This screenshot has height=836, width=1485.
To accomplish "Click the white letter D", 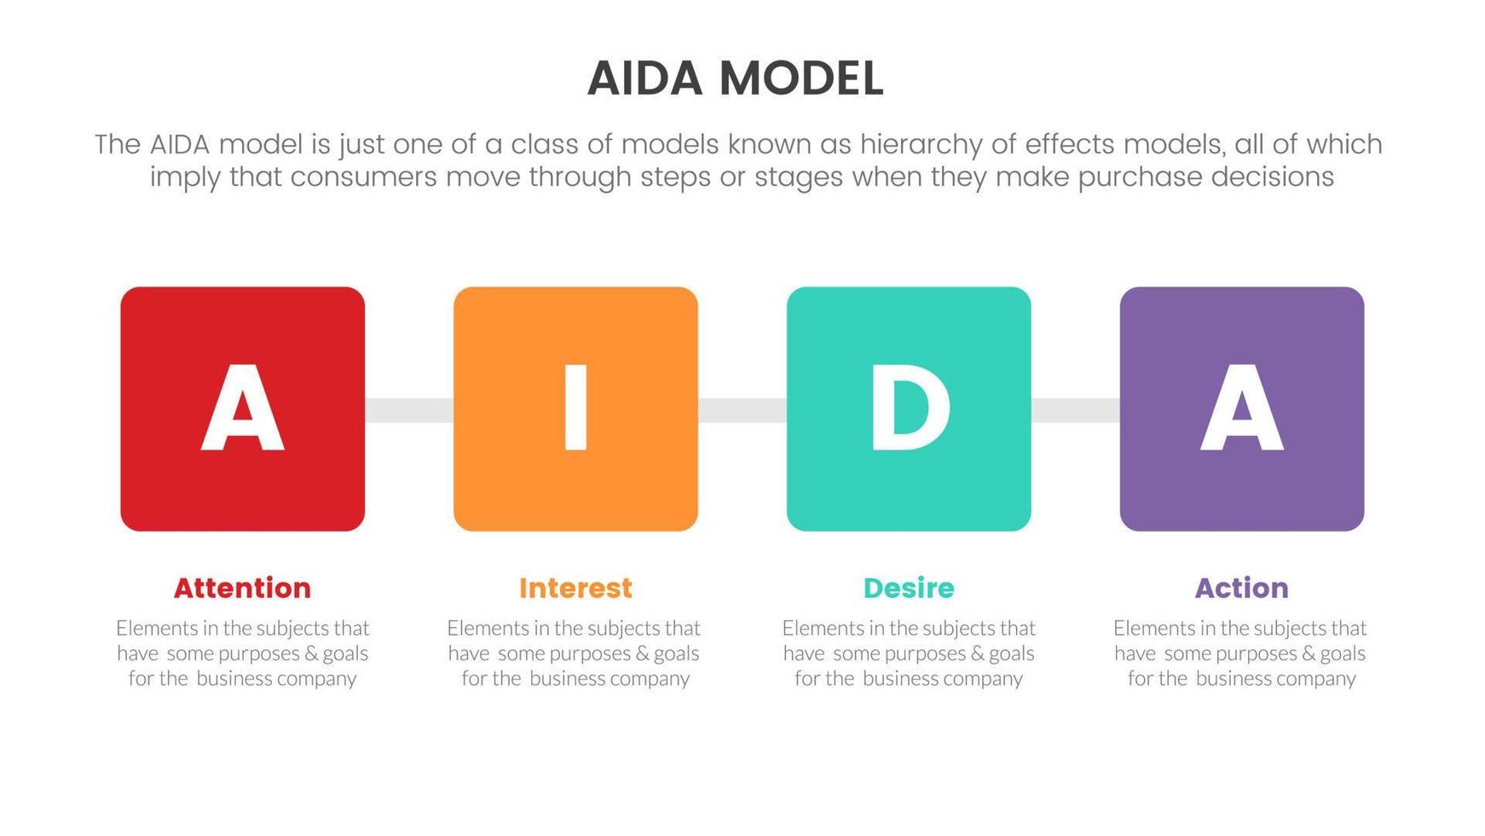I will tap(909, 408).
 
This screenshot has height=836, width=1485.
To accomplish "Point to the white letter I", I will tap(575, 408).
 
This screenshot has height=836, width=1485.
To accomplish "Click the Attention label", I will tap(242, 588).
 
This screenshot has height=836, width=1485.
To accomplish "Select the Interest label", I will tap(575, 588).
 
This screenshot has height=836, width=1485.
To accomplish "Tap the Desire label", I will tap(909, 588).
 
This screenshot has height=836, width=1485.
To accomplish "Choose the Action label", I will tap(1241, 588).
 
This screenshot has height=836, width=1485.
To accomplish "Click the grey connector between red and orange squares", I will tap(409, 409).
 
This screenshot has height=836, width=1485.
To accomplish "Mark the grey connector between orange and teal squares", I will tap(742, 409).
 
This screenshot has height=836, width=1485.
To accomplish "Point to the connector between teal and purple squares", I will tap(1075, 409).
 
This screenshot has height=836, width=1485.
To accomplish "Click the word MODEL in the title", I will tap(800, 78).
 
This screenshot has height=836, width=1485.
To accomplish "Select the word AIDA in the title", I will tap(644, 78).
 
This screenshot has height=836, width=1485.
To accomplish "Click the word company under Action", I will tap(1316, 679).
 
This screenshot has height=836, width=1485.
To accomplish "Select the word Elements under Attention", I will tap(156, 629).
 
